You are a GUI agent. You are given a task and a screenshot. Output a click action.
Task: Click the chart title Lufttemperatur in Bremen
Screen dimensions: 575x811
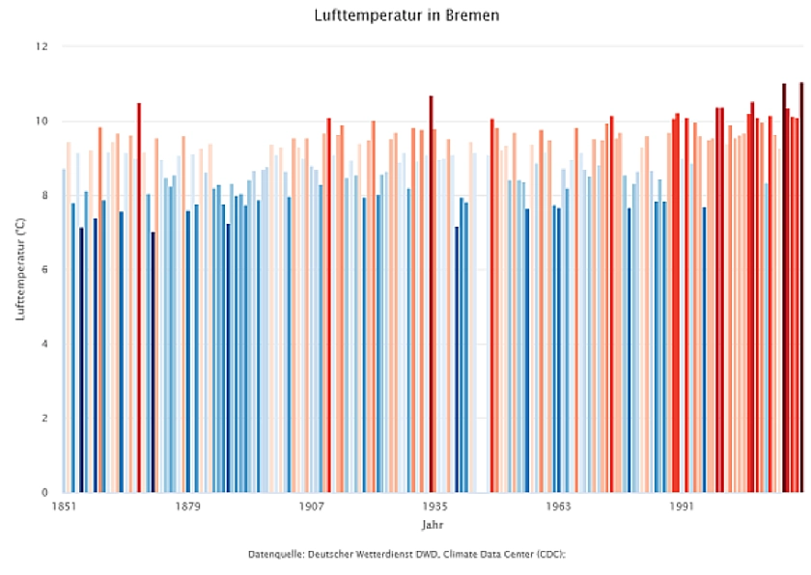click(x=406, y=16)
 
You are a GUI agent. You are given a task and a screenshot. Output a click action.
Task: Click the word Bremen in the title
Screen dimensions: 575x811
click(x=473, y=16)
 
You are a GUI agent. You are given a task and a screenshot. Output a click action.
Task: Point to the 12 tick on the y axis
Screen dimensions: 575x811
click(x=42, y=46)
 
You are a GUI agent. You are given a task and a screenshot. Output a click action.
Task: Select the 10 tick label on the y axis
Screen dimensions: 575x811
click(x=42, y=122)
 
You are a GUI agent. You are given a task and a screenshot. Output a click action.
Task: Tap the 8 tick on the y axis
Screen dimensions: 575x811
click(x=44, y=196)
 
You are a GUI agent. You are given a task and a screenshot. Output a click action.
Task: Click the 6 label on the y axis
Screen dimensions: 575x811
click(x=44, y=270)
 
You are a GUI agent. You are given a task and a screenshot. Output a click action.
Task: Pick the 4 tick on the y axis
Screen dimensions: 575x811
click(x=44, y=344)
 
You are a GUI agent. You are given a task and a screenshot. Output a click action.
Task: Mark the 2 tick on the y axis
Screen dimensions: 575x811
click(x=44, y=419)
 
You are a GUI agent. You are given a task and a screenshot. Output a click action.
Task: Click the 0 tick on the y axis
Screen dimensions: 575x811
click(x=44, y=493)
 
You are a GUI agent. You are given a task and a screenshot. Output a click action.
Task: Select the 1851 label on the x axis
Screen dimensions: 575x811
click(x=64, y=507)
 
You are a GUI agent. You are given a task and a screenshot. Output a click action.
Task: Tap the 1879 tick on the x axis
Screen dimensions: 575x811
click(x=187, y=507)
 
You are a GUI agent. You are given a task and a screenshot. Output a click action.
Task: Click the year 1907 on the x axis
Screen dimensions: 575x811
click(x=311, y=507)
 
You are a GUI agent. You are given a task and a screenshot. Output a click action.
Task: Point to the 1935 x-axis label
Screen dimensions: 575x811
click(x=434, y=507)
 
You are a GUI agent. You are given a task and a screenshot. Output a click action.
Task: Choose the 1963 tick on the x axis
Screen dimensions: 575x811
click(x=558, y=507)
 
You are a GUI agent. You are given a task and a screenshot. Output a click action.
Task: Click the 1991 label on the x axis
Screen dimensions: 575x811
click(x=682, y=507)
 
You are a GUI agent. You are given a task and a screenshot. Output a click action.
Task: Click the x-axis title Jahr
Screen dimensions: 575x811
click(x=433, y=526)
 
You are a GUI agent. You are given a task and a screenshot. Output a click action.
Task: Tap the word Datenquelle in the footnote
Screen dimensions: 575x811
click(x=275, y=555)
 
